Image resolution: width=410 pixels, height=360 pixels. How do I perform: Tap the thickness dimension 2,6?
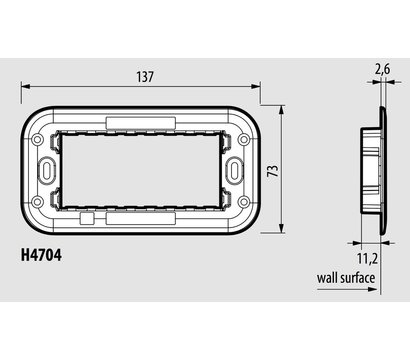[x=383, y=69]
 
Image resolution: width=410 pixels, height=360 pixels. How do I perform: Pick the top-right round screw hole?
[x=241, y=140]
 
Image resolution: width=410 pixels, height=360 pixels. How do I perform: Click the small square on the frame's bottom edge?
[x=86, y=215]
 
